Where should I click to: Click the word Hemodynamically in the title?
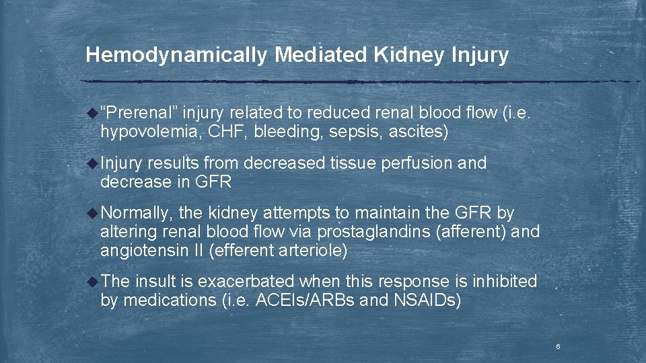point(177,55)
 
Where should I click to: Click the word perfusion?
point(419,163)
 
